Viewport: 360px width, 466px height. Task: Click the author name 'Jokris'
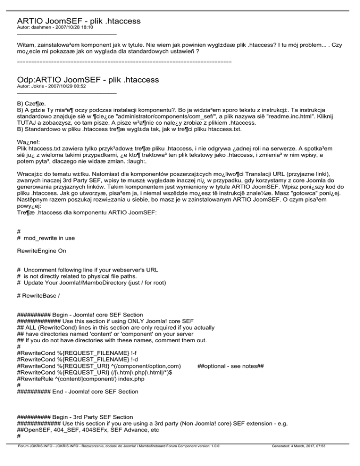click(38, 86)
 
